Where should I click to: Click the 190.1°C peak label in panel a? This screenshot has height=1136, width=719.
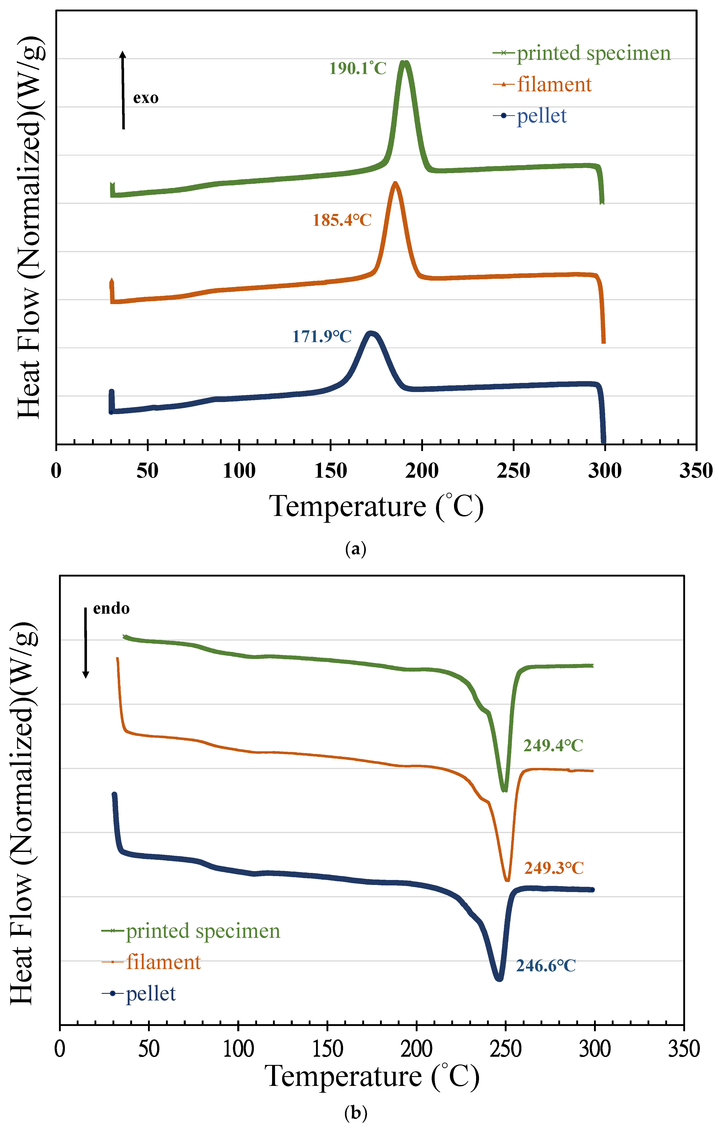click(x=357, y=68)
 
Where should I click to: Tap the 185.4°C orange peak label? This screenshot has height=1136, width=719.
click(x=342, y=220)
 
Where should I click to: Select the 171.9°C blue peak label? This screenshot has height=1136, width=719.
click(x=321, y=336)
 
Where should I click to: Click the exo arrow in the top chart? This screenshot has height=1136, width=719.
click(x=123, y=90)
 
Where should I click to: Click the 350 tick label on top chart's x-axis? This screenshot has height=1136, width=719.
click(x=695, y=471)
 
